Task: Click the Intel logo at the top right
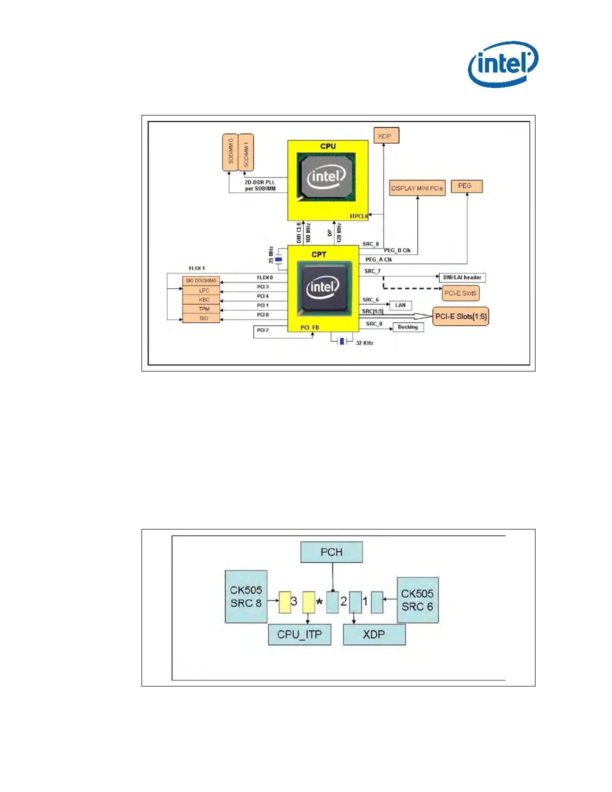coord(503,63)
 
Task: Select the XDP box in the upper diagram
coord(386,136)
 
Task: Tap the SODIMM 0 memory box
coord(230,152)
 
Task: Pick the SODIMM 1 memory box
coord(246,152)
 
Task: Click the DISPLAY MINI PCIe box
coord(417,188)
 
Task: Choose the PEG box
coord(466,186)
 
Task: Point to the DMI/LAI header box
coord(462,277)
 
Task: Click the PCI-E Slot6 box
coord(460,293)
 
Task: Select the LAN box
coord(400,305)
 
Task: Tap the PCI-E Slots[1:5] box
coord(460,316)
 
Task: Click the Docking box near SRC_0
coord(408,327)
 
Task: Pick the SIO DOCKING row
coord(201,280)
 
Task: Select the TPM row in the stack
coord(201,309)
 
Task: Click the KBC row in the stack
coord(201,299)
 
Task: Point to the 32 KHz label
coord(364,343)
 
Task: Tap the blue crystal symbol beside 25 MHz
coord(278,259)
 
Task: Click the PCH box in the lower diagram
coord(331,552)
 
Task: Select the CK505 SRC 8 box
coord(246,596)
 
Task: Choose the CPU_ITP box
coord(299,634)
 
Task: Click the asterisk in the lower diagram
coord(319,602)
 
